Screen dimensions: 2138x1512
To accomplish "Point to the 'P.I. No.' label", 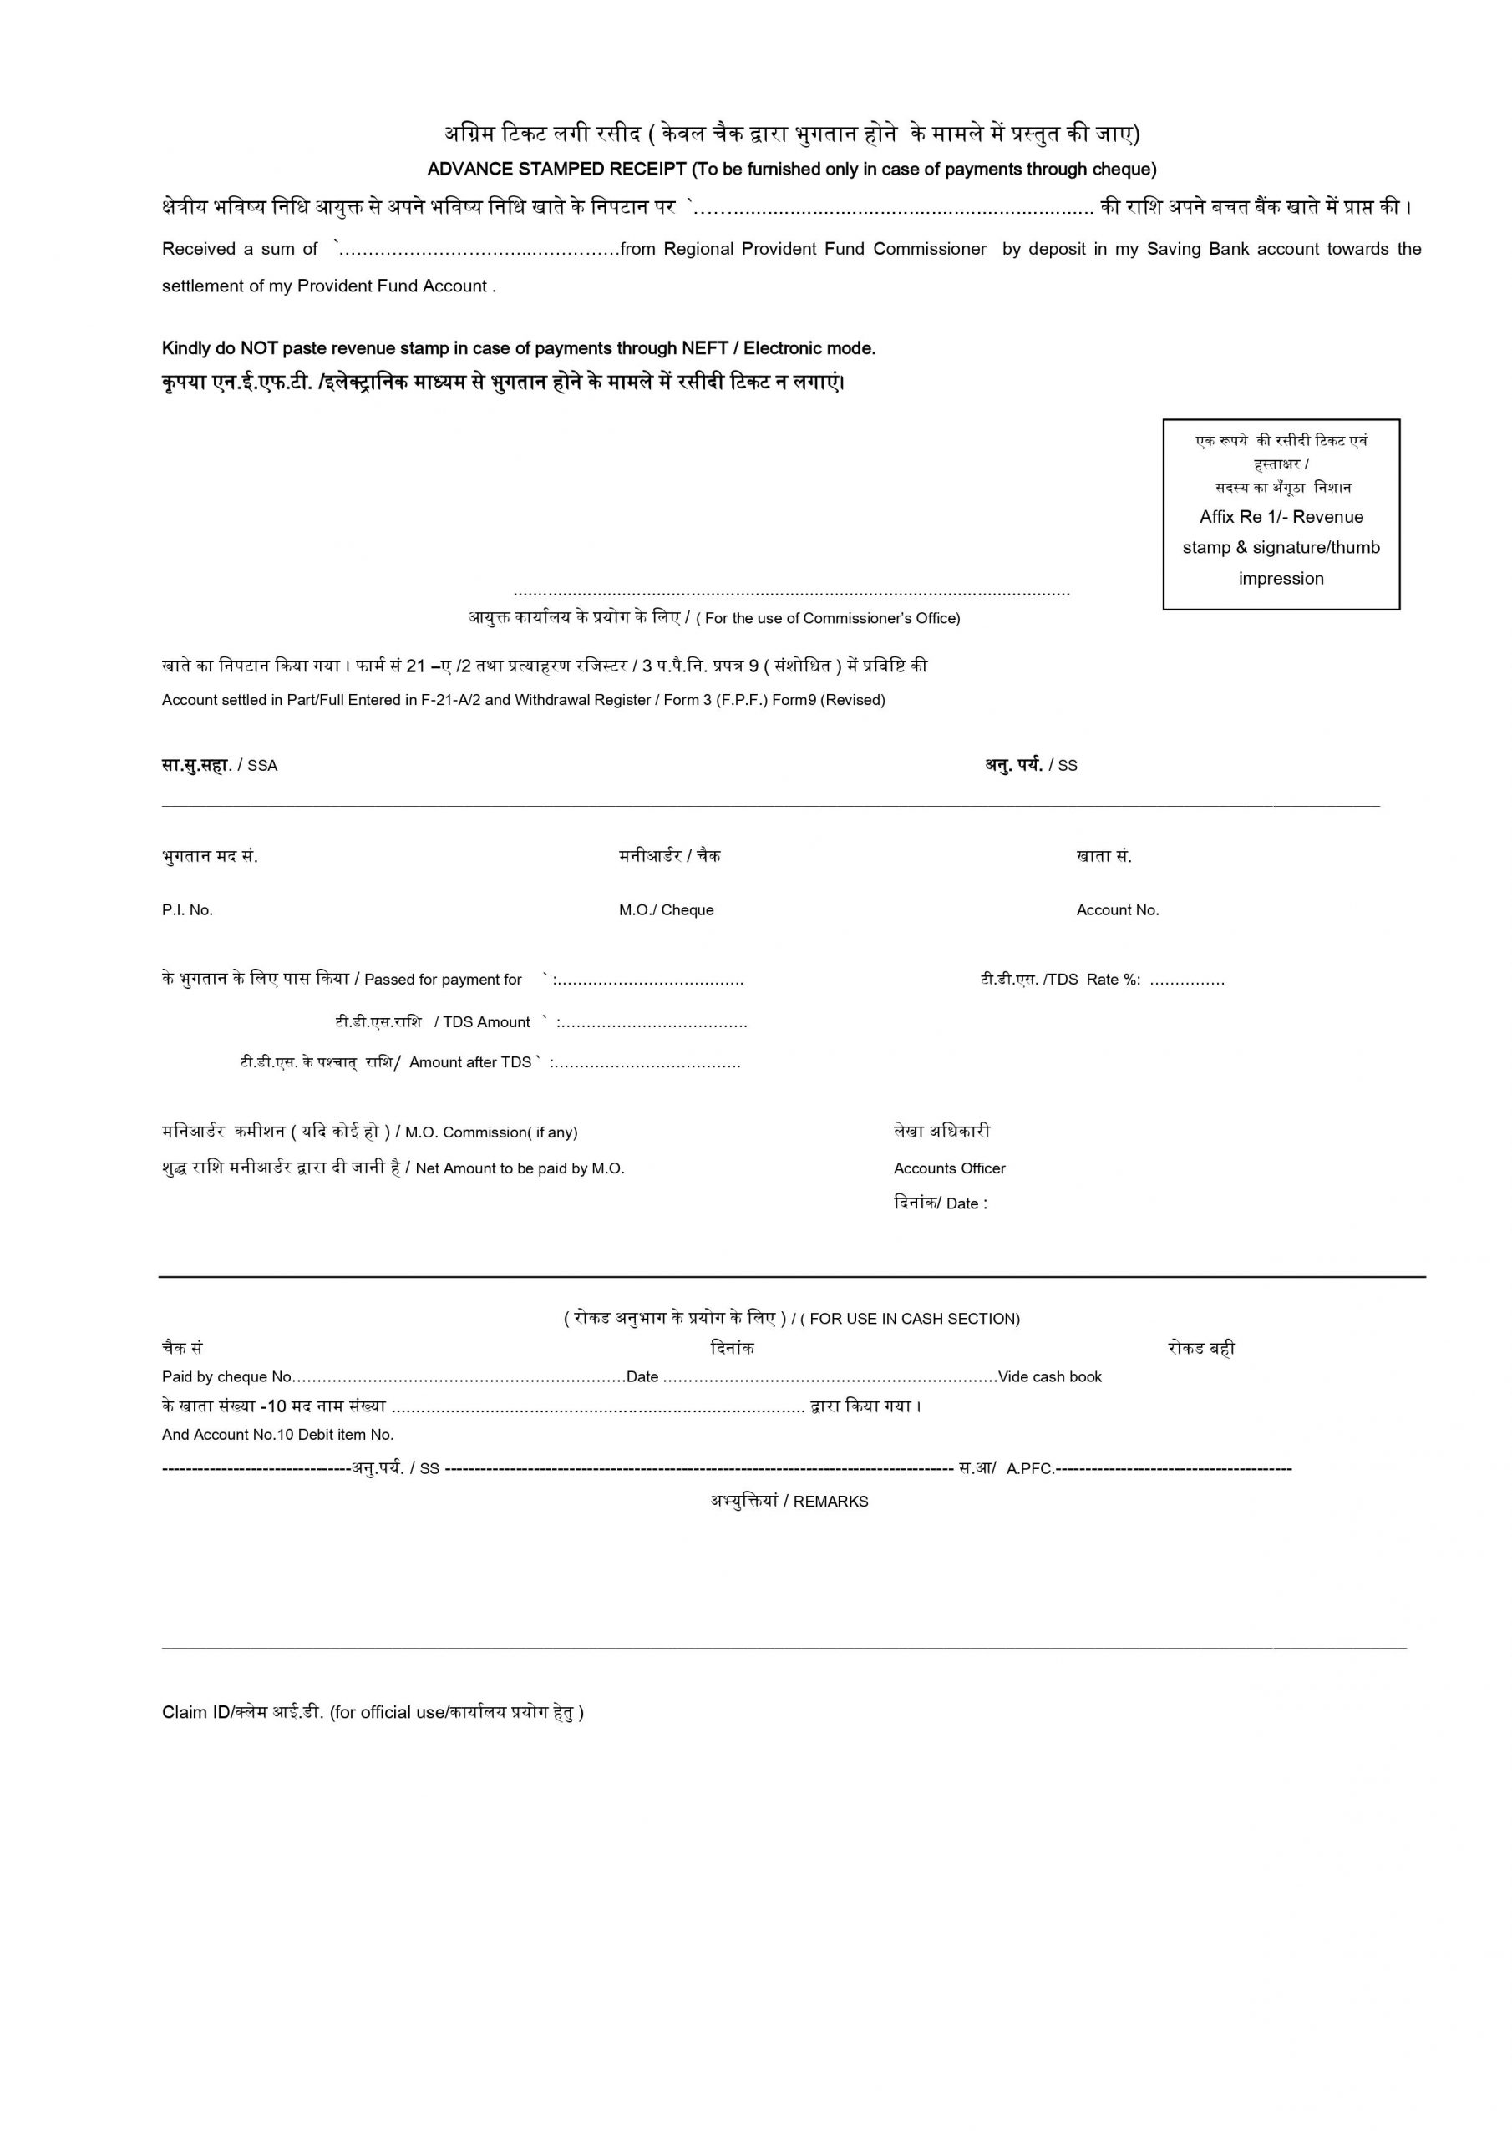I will pyautogui.click(x=187, y=910).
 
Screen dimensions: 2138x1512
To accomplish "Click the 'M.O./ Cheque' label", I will pyautogui.click(x=666, y=910).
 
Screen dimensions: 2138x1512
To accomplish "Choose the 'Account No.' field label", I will pyautogui.click(x=1118, y=910).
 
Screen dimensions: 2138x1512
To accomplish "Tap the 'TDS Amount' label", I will pyautogui.click(x=486, y=1022).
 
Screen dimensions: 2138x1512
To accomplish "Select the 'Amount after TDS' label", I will pyautogui.click(x=470, y=1062).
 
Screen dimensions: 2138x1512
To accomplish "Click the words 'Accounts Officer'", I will pyautogui.click(x=949, y=1168).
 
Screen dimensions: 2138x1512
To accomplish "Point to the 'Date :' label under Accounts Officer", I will pyautogui.click(x=966, y=1204).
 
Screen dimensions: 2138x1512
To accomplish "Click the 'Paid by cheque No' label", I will pyautogui.click(x=227, y=1377).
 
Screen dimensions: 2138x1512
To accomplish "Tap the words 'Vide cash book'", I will pyautogui.click(x=1050, y=1377).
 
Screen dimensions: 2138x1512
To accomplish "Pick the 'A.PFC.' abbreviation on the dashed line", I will pyautogui.click(x=1030, y=1469).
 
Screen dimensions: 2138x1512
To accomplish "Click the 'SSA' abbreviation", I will pyautogui.click(x=262, y=767).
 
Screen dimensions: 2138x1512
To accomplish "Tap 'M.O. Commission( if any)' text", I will pyautogui.click(x=491, y=1133).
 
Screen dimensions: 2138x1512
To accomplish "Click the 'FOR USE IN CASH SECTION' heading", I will pyautogui.click(x=914, y=1320).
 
